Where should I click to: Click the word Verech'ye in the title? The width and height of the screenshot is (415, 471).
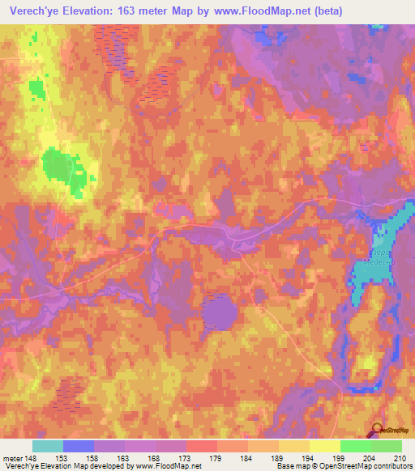(32, 11)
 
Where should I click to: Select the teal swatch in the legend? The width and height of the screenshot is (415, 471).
(48, 446)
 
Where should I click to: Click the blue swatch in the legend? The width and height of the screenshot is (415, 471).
(79, 446)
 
